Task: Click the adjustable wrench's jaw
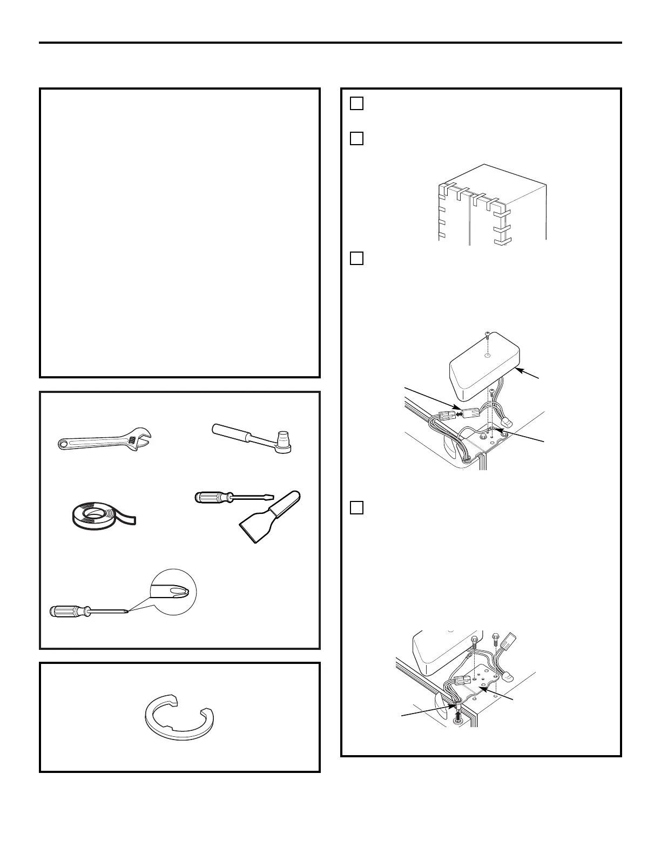(x=144, y=436)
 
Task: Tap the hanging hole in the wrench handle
(x=64, y=445)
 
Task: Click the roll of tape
(x=100, y=515)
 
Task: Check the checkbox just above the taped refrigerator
(x=356, y=139)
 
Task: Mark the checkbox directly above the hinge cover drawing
(x=356, y=259)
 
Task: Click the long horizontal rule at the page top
(x=330, y=43)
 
